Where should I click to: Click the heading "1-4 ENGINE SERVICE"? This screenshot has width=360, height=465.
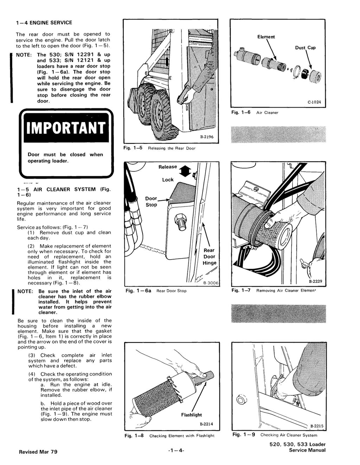pyautogui.click(x=44, y=23)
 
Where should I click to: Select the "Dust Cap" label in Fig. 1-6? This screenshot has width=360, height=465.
pyautogui.click(x=305, y=48)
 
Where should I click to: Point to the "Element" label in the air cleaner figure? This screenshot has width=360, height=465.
pyautogui.click(x=266, y=37)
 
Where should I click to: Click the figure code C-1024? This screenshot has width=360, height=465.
pyautogui.click(x=314, y=103)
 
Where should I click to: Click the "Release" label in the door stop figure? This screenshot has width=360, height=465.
pyautogui.click(x=168, y=167)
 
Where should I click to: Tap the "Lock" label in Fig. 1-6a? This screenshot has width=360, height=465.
pyautogui.click(x=168, y=180)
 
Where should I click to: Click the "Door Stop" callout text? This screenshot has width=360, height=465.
pyautogui.click(x=151, y=202)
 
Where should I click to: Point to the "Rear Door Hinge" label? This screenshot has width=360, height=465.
pyautogui.click(x=210, y=256)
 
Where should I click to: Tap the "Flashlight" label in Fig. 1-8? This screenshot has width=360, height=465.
pyautogui.click(x=192, y=415)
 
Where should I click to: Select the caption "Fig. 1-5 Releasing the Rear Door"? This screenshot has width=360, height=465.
pyautogui.click(x=160, y=148)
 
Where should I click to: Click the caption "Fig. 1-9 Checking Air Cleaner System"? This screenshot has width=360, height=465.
pyautogui.click(x=275, y=435)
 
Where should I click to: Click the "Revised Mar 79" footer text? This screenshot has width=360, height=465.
pyautogui.click(x=38, y=452)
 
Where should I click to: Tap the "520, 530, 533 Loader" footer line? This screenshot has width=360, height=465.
pyautogui.click(x=297, y=444)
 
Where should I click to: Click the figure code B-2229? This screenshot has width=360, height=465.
pyautogui.click(x=315, y=281)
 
